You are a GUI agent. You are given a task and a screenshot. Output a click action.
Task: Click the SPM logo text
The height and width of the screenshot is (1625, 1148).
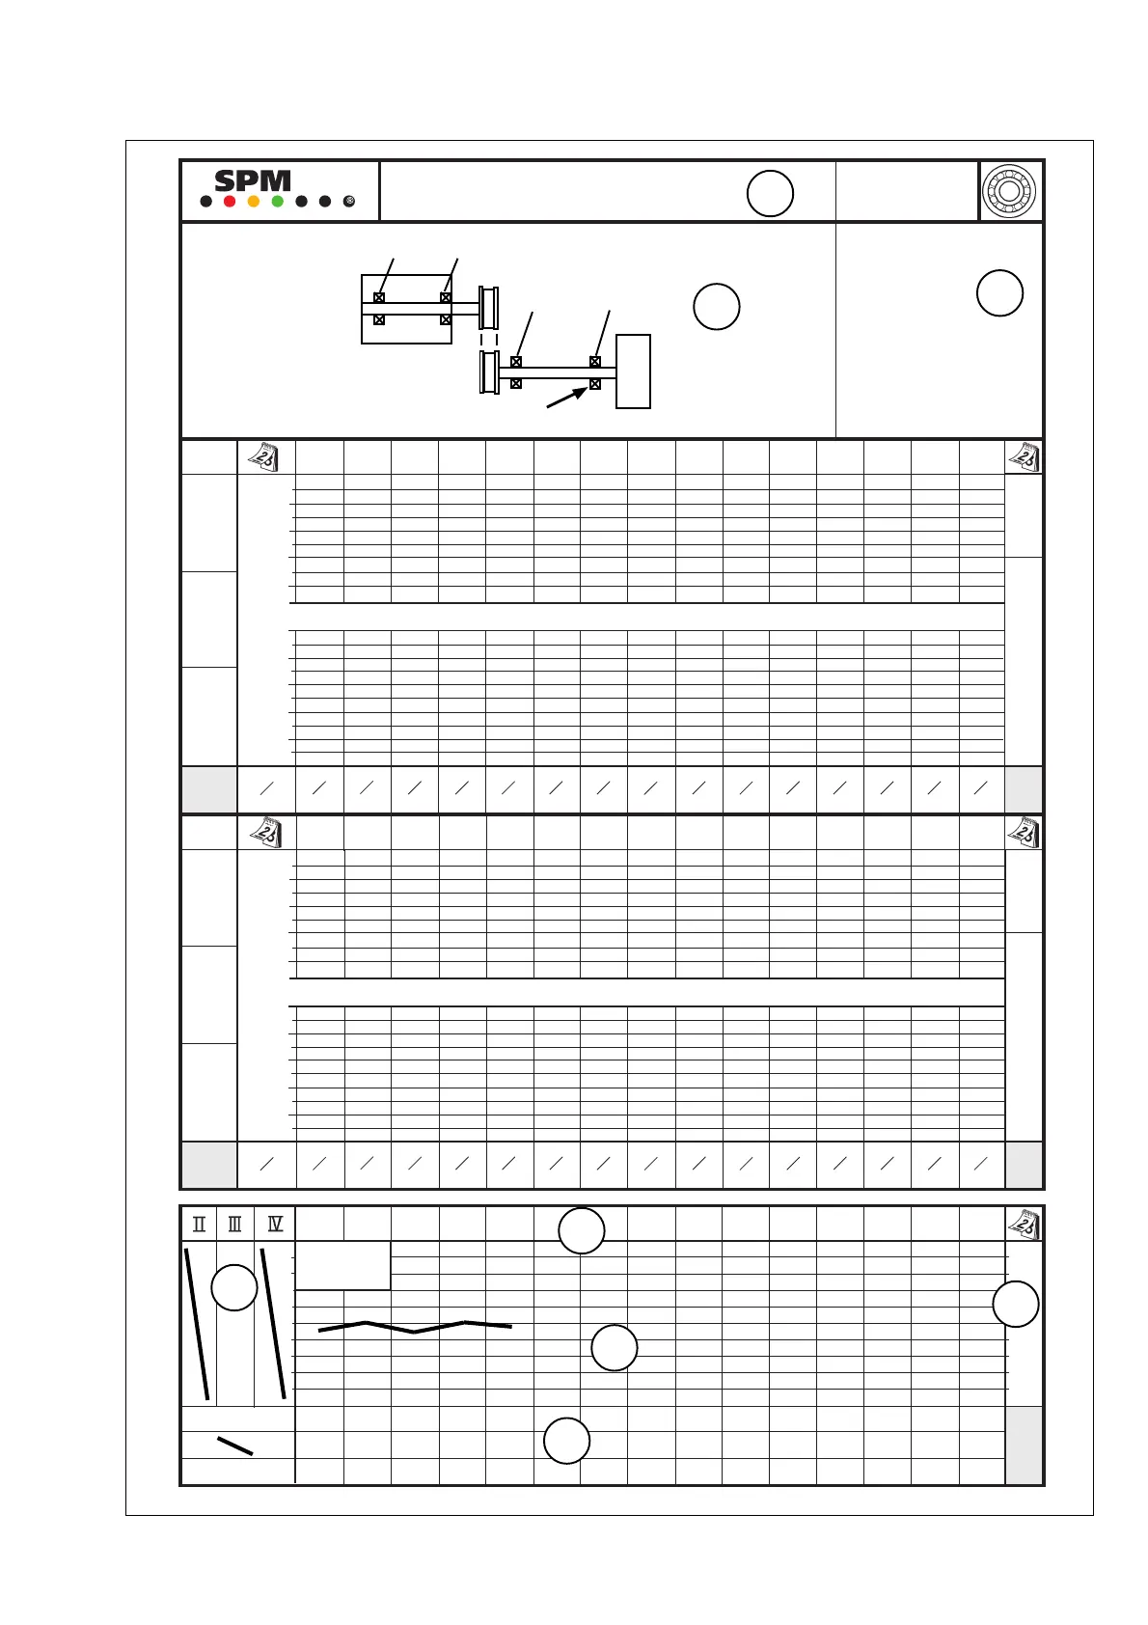coord(253,179)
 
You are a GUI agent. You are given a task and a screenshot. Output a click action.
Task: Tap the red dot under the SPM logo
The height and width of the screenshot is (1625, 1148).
coord(230,202)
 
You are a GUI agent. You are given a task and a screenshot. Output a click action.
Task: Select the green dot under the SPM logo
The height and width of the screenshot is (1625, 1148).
coord(277,202)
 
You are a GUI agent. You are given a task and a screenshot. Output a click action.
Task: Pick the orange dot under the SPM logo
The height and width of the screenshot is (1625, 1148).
coord(253,202)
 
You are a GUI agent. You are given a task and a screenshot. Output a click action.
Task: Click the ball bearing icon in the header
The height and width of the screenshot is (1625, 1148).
coord(1009,191)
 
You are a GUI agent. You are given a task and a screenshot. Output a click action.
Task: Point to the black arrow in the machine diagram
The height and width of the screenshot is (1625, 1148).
coord(566,398)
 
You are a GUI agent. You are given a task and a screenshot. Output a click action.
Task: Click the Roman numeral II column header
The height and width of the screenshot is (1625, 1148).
coord(199,1225)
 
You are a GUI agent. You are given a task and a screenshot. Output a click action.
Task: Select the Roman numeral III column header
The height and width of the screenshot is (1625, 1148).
coord(235,1225)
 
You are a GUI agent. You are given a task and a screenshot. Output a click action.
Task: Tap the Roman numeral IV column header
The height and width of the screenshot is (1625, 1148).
coord(275,1225)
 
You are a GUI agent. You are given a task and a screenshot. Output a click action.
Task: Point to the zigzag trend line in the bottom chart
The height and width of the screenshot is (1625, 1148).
coord(415,1327)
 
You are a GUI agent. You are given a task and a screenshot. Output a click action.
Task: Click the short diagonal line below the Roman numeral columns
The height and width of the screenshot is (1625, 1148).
coord(235,1446)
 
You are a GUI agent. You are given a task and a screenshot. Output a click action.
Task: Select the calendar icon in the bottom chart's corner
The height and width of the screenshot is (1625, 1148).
coord(1024,1225)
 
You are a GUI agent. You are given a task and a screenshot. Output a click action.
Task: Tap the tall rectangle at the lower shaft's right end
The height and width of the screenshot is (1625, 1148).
coord(633,372)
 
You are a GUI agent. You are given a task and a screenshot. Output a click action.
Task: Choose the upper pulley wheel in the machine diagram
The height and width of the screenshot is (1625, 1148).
coord(489,308)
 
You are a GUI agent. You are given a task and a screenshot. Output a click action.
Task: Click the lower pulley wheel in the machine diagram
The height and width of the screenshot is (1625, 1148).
coord(489,372)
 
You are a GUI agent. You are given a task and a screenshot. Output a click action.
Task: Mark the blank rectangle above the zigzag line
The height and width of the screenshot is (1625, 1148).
coord(343,1265)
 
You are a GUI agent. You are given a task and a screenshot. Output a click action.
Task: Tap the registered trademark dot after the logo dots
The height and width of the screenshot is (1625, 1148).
coord(349,202)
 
